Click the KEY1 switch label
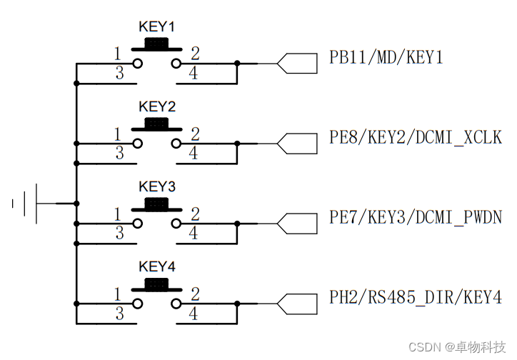(156, 26)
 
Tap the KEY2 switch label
(156, 106)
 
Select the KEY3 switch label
(156, 186)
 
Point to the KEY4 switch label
(156, 266)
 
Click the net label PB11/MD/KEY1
(386, 57)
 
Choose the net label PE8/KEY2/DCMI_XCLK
(415, 137)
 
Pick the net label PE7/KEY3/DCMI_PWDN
(415, 217)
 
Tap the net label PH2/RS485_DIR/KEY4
(415, 297)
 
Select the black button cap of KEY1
(156, 44)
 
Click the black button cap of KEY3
(156, 204)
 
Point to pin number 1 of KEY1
(118, 54)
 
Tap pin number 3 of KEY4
(119, 313)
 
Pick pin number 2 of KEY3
(195, 214)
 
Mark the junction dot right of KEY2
(237, 144)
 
